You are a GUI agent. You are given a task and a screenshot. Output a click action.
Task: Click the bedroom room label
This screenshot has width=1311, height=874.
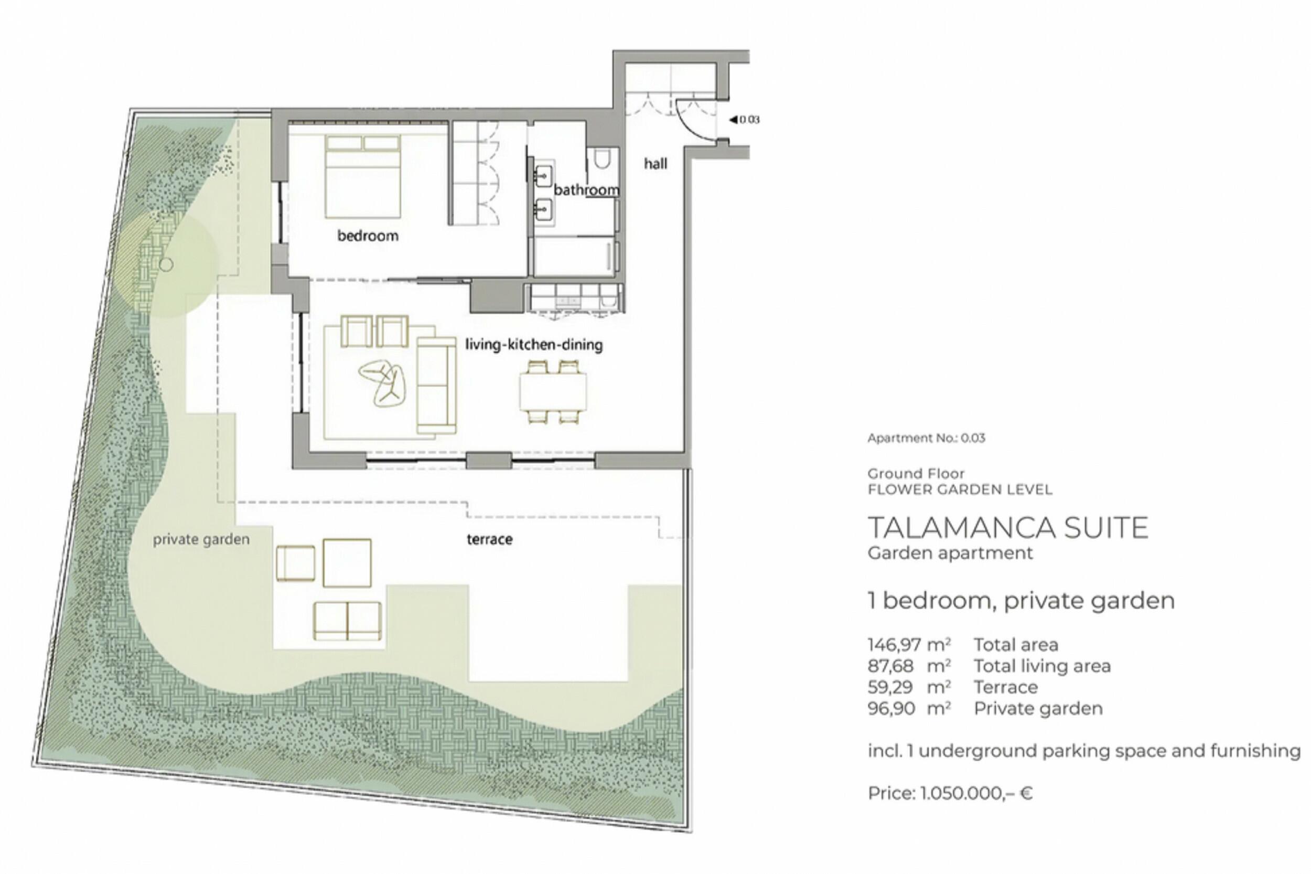(x=368, y=236)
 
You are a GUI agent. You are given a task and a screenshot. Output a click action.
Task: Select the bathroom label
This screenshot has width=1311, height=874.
(x=586, y=190)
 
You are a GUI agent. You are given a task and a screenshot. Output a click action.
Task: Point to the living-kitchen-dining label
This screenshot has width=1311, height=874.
(x=534, y=345)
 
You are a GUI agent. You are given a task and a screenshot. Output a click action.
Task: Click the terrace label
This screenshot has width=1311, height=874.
(x=489, y=539)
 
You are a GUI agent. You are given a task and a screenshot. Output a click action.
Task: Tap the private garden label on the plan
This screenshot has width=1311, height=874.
(x=201, y=539)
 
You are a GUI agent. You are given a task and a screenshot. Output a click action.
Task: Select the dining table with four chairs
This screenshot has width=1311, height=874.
(x=553, y=392)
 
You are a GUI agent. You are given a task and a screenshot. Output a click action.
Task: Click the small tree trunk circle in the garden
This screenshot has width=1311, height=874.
(x=166, y=265)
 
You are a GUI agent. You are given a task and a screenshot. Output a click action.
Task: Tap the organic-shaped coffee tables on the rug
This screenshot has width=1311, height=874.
(x=382, y=383)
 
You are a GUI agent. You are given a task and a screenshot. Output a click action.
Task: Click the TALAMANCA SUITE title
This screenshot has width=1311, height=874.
(x=1008, y=528)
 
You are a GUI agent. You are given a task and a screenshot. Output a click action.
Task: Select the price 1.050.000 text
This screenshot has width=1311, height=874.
(x=951, y=793)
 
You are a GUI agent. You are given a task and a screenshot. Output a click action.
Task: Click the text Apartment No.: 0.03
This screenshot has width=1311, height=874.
(x=926, y=438)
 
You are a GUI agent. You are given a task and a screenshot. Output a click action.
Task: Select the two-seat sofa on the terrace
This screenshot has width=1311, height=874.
(x=348, y=621)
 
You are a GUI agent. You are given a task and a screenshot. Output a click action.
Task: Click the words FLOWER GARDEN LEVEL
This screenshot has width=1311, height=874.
(x=960, y=490)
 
